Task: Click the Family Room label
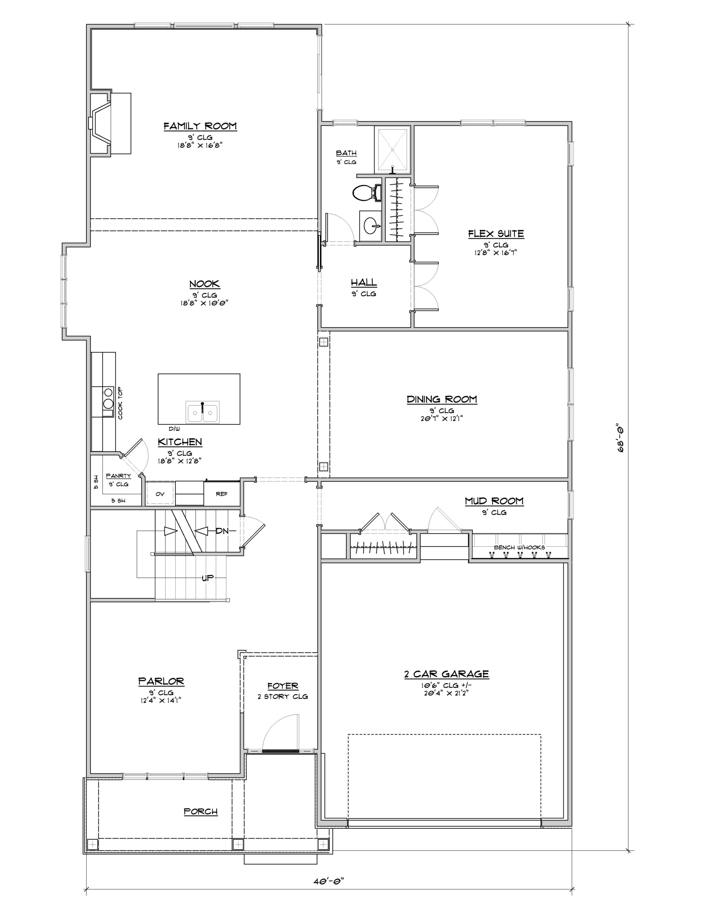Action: (x=200, y=126)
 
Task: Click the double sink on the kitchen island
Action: (x=202, y=412)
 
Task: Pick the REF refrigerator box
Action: (x=222, y=494)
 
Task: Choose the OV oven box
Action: (x=160, y=494)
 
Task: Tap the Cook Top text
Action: (x=120, y=404)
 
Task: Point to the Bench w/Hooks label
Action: (x=519, y=547)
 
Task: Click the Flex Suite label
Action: (x=496, y=234)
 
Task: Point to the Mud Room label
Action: (x=494, y=501)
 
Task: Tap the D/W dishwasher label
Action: (x=174, y=429)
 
